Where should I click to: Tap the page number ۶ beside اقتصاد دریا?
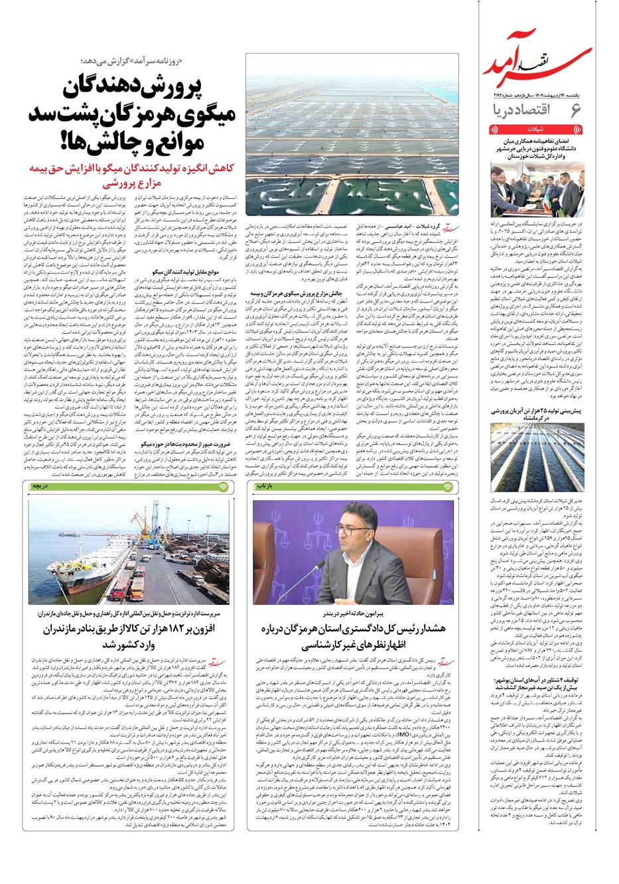pyautogui.click(x=575, y=110)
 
